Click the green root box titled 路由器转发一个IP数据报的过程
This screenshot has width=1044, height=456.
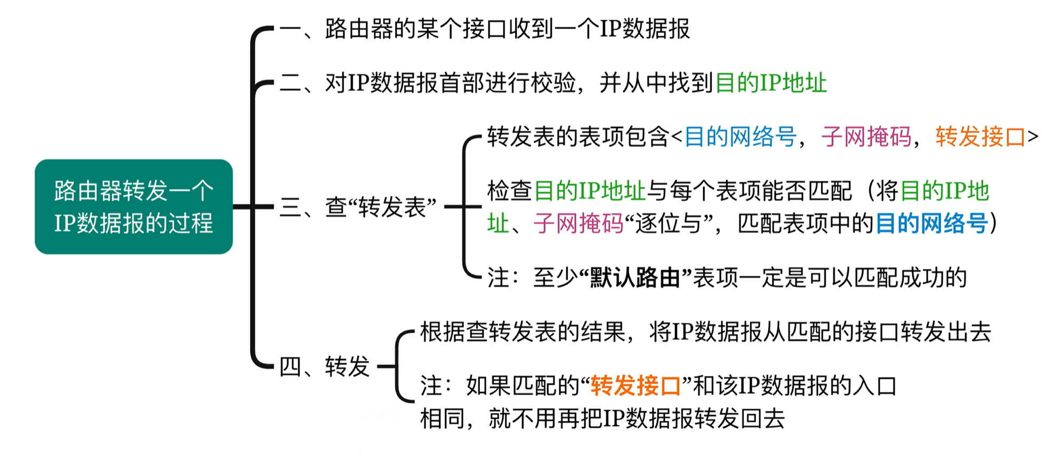(133, 206)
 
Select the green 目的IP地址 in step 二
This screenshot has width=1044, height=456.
(771, 83)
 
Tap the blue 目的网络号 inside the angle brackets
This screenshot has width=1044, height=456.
(741, 137)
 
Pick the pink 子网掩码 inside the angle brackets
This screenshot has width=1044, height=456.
(866, 137)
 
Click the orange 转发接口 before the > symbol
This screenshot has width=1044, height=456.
(981, 137)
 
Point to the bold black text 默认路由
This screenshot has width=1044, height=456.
(635, 277)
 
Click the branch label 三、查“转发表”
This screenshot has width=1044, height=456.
(358, 207)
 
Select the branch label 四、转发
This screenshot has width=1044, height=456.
(324, 366)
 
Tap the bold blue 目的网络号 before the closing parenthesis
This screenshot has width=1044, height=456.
(931, 223)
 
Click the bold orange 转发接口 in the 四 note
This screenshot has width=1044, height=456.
(636, 386)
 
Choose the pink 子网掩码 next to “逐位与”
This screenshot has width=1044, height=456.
(579, 223)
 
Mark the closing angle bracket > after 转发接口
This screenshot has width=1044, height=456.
(1033, 137)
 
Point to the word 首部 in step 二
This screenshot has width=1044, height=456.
(462, 83)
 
